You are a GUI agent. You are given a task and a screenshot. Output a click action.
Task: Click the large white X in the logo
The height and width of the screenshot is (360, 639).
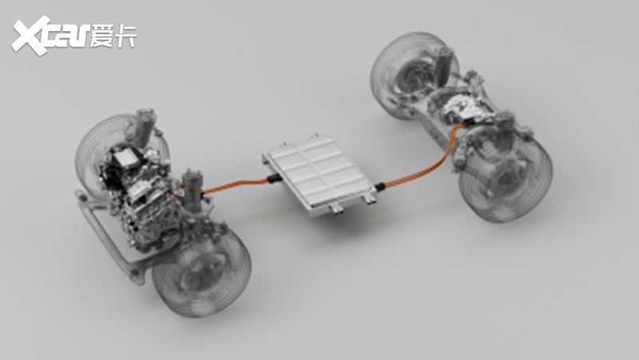click(x=30, y=35)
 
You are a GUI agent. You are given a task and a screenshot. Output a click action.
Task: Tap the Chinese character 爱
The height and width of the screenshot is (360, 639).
click(x=102, y=36)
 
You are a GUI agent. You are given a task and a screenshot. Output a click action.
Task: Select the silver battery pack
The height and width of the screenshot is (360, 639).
click(x=319, y=173)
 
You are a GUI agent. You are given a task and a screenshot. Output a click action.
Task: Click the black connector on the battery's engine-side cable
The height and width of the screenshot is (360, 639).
click(x=272, y=179)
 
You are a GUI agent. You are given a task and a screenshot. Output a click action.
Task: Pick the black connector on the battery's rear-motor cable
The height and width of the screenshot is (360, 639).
click(x=380, y=187)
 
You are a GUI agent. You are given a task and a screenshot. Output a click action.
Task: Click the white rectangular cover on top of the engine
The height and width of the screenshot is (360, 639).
click(x=125, y=159)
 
